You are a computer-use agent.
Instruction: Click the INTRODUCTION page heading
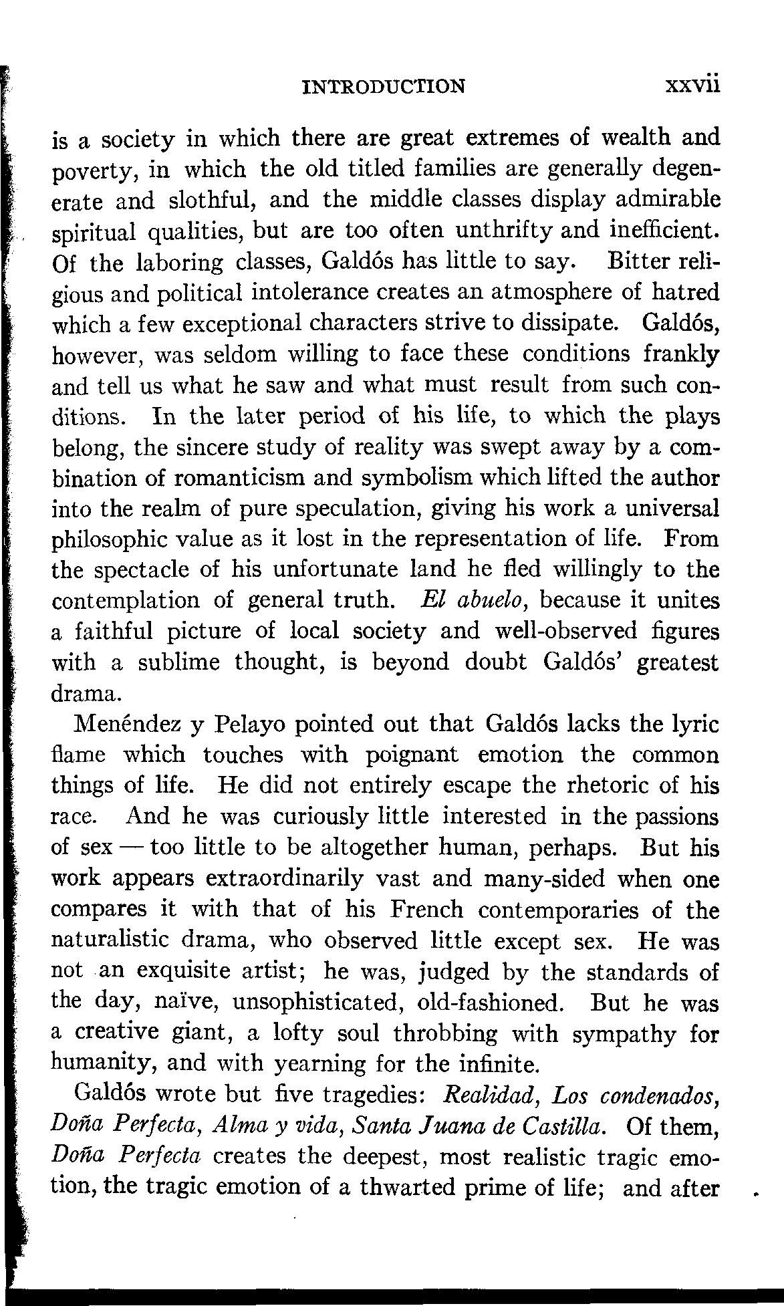point(383,86)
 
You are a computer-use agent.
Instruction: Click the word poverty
point(95,171)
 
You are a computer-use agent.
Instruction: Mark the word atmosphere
point(529,293)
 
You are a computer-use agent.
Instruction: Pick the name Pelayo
point(250,725)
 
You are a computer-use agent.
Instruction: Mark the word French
point(426,910)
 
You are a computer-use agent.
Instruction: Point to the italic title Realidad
point(492,1095)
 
